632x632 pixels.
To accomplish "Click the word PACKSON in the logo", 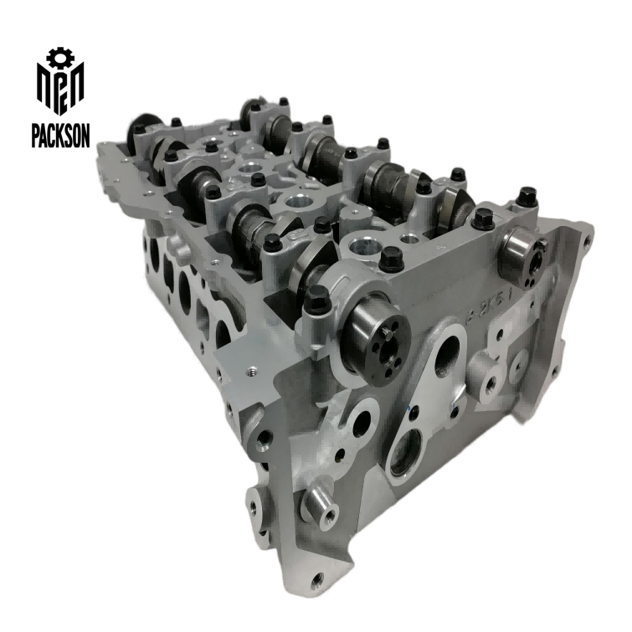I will pyautogui.click(x=59, y=134).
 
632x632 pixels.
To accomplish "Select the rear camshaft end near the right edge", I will pyautogui.click(x=520, y=256).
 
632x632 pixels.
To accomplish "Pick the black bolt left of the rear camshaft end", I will pyautogui.click(x=484, y=220).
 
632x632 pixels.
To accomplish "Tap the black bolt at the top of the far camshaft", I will pyautogui.click(x=283, y=102).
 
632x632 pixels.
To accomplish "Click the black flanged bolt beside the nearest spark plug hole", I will pyautogui.click(x=390, y=259).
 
